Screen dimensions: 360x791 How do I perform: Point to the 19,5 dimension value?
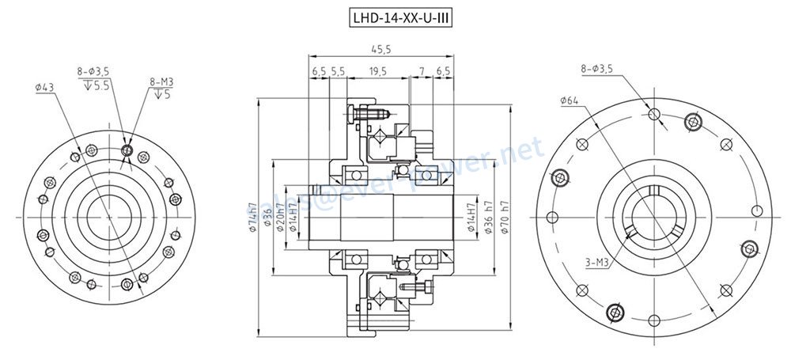click(x=377, y=71)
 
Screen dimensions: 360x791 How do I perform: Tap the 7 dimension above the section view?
click(x=422, y=71)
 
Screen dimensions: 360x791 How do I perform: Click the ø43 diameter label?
click(x=45, y=87)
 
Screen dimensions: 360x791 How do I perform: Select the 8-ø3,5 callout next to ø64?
click(x=597, y=70)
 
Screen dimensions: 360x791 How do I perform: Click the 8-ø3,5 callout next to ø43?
click(x=93, y=71)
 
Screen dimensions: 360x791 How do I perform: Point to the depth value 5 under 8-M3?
click(x=168, y=95)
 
